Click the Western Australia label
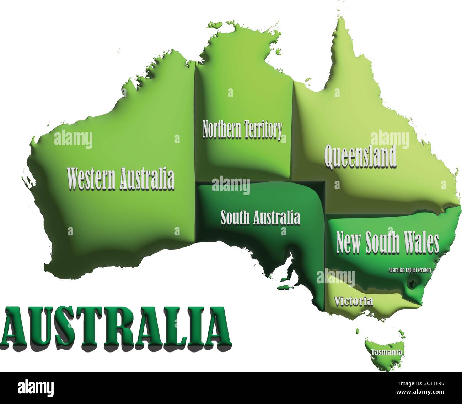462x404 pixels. point(121,179)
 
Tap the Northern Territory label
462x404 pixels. point(242,130)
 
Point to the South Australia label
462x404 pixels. point(260,218)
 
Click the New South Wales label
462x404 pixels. point(387,243)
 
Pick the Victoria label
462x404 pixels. point(354,301)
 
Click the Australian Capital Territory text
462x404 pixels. point(410,270)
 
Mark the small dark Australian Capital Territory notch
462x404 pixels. point(413,284)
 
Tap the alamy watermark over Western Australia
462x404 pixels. point(73,139)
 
